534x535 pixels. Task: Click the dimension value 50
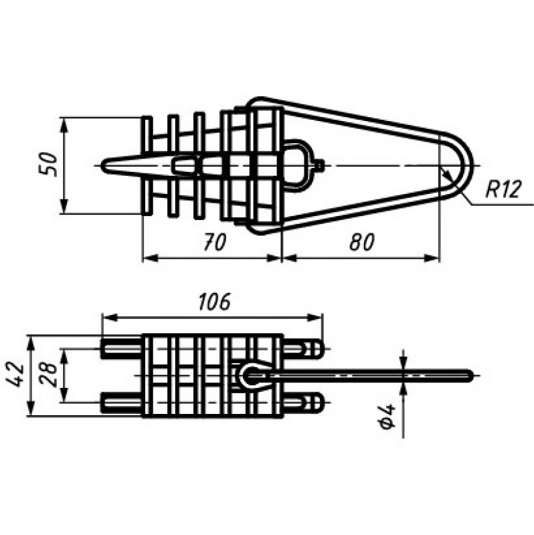48,165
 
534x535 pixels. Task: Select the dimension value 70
215,241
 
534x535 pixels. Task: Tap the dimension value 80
362,241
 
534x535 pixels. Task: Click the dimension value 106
215,302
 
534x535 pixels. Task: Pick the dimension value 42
15,375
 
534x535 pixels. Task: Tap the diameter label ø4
386,415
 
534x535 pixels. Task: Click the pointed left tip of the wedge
103,165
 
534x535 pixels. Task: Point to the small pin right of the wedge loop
319,165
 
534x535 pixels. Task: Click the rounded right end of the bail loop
472,165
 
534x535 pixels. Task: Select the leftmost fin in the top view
147,165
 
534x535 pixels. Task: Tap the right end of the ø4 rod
472,375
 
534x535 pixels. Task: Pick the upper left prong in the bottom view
122,348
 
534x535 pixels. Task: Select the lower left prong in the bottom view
122,403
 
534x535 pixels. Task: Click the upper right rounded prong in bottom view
303,348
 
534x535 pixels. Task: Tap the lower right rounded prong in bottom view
303,403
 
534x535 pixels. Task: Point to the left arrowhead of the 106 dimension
109,317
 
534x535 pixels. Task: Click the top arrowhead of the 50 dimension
64,124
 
